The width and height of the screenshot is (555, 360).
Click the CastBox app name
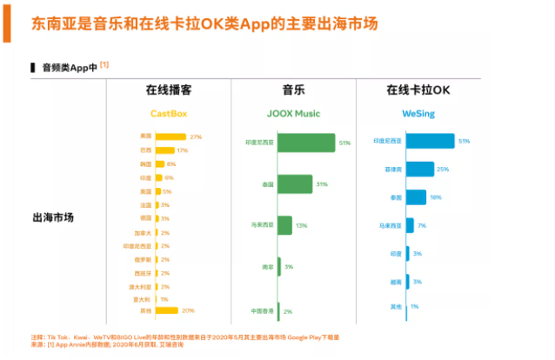pyautogui.click(x=168, y=113)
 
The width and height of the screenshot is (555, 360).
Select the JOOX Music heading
pyautogui.click(x=292, y=113)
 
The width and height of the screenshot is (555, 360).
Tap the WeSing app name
pyautogui.click(x=418, y=113)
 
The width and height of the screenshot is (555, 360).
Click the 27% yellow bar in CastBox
pyautogui.click(x=171, y=137)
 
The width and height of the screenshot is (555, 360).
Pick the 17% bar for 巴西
pyautogui.click(x=165, y=150)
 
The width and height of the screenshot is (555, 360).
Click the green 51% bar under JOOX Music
pyautogui.click(x=306, y=142)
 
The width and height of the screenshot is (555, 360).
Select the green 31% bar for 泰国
pyautogui.click(x=295, y=184)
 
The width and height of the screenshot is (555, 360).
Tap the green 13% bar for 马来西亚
pyautogui.click(x=284, y=225)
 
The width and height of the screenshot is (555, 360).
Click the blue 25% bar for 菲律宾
pyautogui.click(x=419, y=169)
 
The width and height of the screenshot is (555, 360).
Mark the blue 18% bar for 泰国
pyautogui.click(x=416, y=197)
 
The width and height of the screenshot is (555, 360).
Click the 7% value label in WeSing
pyautogui.click(x=422, y=226)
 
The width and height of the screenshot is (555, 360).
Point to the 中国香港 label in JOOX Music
pyautogui.click(x=261, y=310)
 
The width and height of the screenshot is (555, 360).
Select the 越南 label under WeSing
pyautogui.click(x=396, y=282)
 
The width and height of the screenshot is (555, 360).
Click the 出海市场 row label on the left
pyautogui.click(x=52, y=217)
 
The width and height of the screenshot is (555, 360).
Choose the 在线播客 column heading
pyautogui.click(x=168, y=90)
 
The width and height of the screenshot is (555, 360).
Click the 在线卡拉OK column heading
pyautogui.click(x=418, y=90)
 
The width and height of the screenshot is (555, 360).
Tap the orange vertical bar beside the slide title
pyautogui.click(x=5, y=21)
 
